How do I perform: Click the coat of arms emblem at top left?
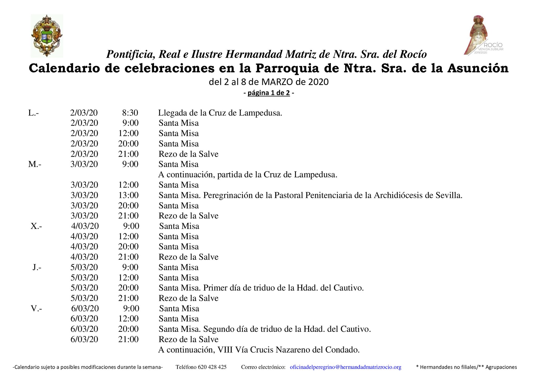point(47,36)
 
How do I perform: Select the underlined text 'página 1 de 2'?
point(269,93)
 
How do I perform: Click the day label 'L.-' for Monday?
point(33,113)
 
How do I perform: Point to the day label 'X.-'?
point(36,226)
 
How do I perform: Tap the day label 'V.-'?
point(36,308)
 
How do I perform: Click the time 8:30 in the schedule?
point(130,113)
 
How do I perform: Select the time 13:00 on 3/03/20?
point(128,195)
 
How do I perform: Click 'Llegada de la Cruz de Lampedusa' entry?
point(220,113)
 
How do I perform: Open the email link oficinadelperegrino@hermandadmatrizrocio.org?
point(345,367)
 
